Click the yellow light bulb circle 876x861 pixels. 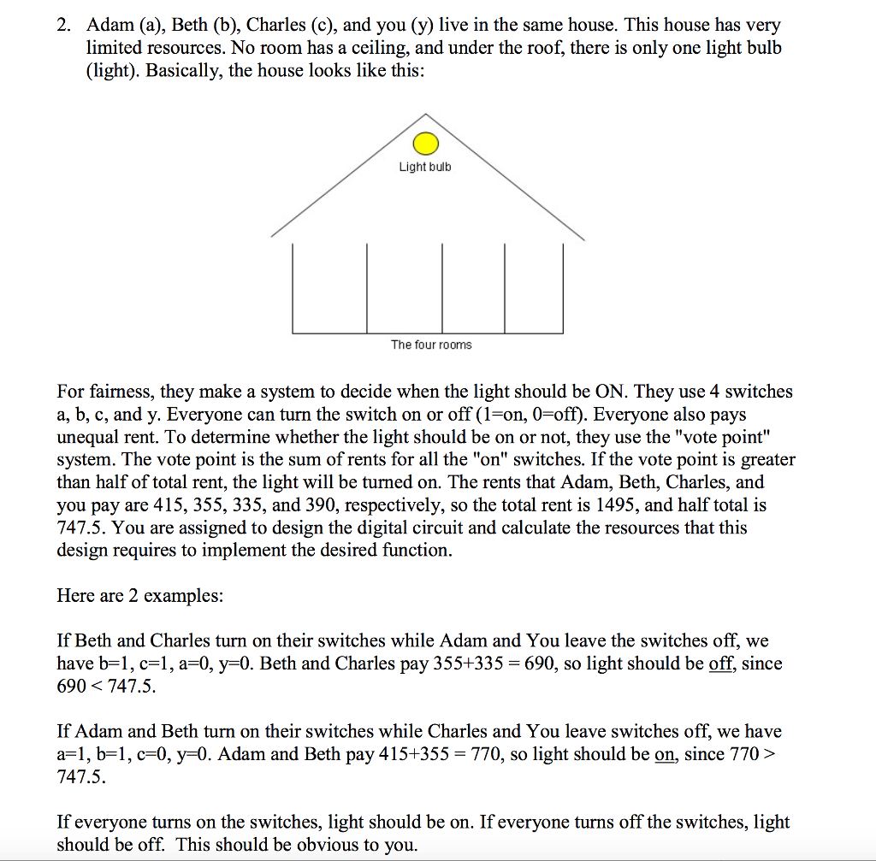(x=425, y=143)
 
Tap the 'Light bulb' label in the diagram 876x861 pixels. (x=425, y=167)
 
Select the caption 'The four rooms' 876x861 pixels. (x=431, y=345)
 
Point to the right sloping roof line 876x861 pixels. (x=506, y=176)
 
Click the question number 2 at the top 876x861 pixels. (x=64, y=26)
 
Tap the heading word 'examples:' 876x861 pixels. (x=184, y=596)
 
